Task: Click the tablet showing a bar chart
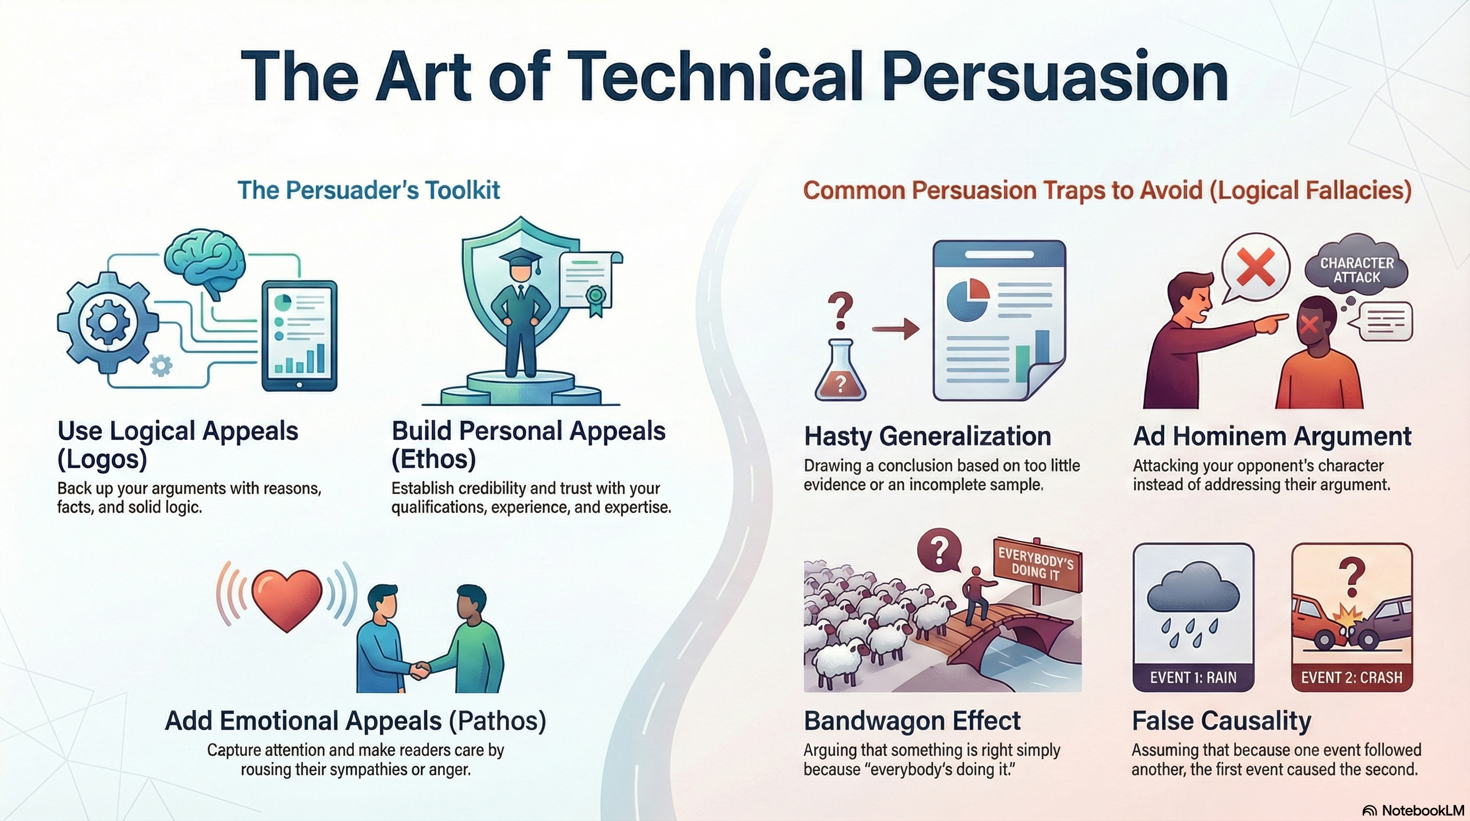click(299, 336)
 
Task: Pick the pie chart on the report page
click(968, 300)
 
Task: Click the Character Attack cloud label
click(1357, 270)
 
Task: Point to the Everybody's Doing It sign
click(1037, 564)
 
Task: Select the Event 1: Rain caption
click(1193, 678)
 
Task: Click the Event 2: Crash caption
click(1352, 678)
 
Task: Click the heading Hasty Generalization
click(928, 436)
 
